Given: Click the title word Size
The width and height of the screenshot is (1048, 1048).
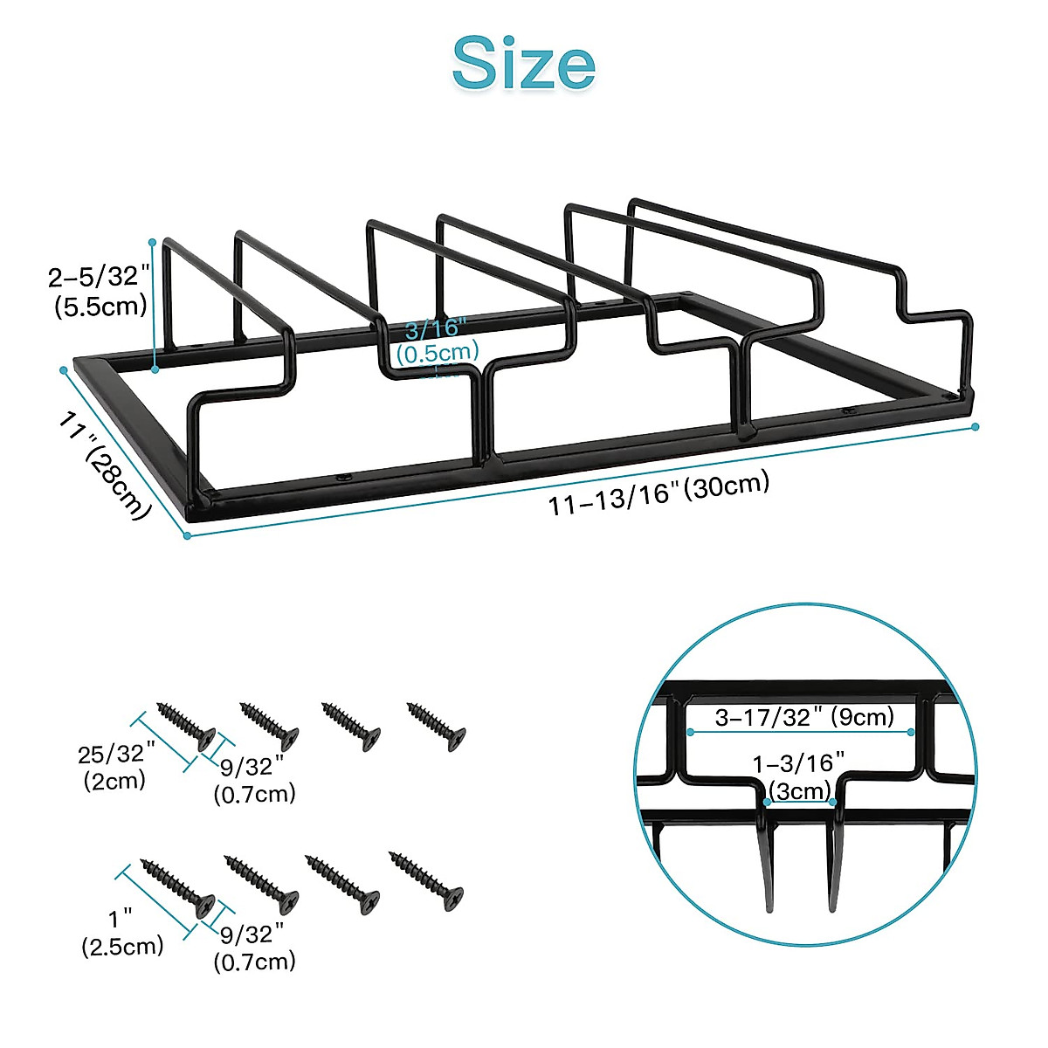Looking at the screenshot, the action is click(x=524, y=63).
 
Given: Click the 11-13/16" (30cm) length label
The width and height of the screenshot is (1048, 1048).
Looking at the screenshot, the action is click(x=659, y=493).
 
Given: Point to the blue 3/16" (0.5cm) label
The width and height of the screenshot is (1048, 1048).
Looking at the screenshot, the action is click(x=437, y=341).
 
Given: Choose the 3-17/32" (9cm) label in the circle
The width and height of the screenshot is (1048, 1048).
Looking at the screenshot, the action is click(x=804, y=717).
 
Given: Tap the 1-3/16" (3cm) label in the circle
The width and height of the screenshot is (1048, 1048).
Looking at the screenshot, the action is click(x=799, y=776).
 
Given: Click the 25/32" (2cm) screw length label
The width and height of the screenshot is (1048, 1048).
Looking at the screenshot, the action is click(x=115, y=766).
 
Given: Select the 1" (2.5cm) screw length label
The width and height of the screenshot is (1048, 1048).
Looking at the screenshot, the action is click(x=122, y=932).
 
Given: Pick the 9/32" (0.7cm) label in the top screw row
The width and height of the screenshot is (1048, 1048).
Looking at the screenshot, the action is click(x=254, y=780).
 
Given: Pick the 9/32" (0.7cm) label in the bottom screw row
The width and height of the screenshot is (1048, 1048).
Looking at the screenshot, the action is click(x=254, y=948).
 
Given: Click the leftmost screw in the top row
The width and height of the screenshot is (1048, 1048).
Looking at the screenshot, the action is click(x=186, y=724).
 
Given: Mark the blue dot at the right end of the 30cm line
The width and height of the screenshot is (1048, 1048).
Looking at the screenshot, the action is click(x=976, y=427).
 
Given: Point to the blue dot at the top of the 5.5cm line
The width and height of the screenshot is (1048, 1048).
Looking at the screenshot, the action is click(x=153, y=241).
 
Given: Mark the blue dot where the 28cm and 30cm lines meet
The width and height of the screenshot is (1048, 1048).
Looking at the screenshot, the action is click(x=187, y=535).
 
